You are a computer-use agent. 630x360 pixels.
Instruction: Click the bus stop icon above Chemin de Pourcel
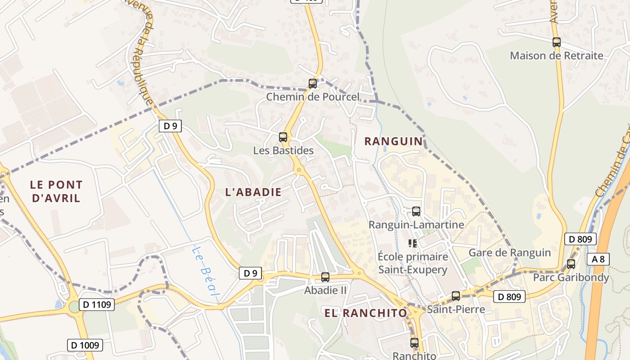[x=312, y=83]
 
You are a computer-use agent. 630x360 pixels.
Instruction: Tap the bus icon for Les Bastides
[x=283, y=137]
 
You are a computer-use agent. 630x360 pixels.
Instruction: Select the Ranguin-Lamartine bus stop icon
[x=416, y=211]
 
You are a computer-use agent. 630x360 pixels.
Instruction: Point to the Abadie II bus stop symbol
[x=325, y=277]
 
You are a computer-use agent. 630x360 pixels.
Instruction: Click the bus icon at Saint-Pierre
[x=456, y=296]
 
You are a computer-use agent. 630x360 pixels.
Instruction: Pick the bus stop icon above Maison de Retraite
[x=557, y=42]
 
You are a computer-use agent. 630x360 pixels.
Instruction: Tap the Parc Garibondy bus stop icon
[x=571, y=264]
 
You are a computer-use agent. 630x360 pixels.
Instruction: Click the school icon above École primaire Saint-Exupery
[x=413, y=243]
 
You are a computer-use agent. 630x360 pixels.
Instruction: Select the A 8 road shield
[x=598, y=259]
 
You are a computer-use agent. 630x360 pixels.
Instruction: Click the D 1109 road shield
[x=97, y=305]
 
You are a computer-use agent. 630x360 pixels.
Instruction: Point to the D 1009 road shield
[x=85, y=345]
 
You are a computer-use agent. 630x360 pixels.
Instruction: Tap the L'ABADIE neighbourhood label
[x=253, y=192]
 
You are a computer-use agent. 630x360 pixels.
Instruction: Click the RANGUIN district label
[x=394, y=141]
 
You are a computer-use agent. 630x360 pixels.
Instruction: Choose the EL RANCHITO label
[x=365, y=313]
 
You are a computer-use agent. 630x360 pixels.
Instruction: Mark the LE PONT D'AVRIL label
[x=56, y=191]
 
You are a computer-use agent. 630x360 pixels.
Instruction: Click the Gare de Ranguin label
[x=509, y=252]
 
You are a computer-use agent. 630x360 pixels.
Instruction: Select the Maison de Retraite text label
[x=557, y=56]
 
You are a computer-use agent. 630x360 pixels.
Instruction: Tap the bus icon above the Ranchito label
[x=414, y=342]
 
